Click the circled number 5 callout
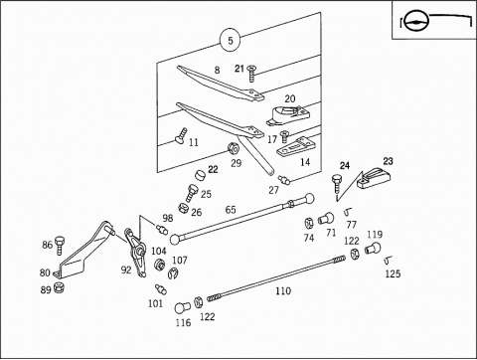pyautogui.click(x=231, y=41)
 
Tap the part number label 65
pyautogui.click(x=231, y=210)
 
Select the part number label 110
pyautogui.click(x=283, y=291)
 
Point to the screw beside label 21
pyautogui.click(x=252, y=74)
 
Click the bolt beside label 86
pyautogui.click(x=60, y=246)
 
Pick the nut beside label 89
pyautogui.click(x=59, y=286)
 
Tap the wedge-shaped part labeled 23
pyautogui.click(x=374, y=178)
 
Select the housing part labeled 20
pyautogui.click(x=288, y=115)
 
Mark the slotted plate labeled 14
pyautogui.click(x=293, y=146)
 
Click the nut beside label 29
pyautogui.click(x=234, y=148)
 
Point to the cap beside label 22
pyautogui.click(x=200, y=175)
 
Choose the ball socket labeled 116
pyautogui.click(x=182, y=307)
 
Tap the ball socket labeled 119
pyautogui.click(x=373, y=248)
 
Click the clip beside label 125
pyautogui.click(x=388, y=261)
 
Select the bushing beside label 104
pyautogui.click(x=160, y=265)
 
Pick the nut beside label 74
pyautogui.click(x=309, y=223)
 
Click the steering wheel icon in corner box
pyautogui.click(x=417, y=21)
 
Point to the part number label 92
pyautogui.click(x=126, y=270)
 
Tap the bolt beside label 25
pyautogui.click(x=191, y=193)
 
